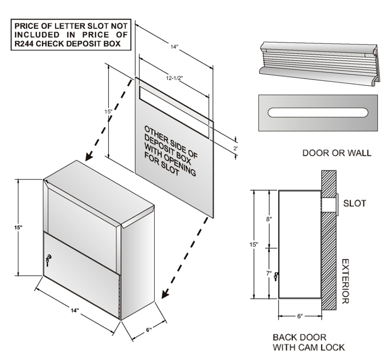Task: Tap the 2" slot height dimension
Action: (236, 148)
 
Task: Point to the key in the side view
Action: (277, 277)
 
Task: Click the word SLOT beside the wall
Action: (355, 204)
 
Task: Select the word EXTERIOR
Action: (344, 281)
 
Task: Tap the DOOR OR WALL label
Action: (337, 154)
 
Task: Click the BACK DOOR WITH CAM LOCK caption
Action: (309, 342)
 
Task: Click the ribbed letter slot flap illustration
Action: (319, 61)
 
